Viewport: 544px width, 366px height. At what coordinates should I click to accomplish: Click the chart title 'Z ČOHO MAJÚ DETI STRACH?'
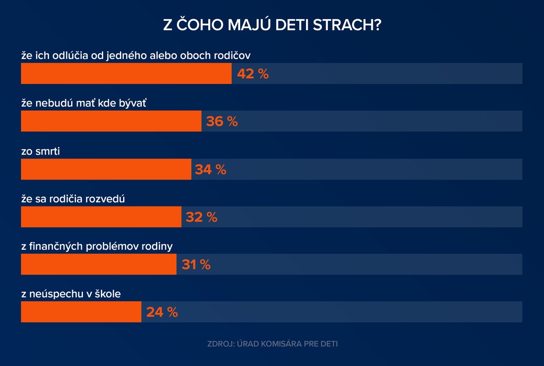click(x=272, y=25)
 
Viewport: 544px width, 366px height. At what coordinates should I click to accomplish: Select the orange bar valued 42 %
click(x=126, y=73)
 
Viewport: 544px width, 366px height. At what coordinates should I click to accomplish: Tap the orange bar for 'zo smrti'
click(x=106, y=169)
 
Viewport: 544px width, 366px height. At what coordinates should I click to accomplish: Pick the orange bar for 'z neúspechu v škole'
click(x=81, y=312)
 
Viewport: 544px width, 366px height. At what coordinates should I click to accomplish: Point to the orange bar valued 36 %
click(x=112, y=121)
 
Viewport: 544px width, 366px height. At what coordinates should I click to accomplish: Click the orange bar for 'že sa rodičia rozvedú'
click(x=101, y=217)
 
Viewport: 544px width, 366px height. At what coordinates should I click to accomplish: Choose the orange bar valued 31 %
click(x=99, y=264)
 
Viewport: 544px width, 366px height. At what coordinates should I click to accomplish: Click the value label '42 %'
click(x=253, y=74)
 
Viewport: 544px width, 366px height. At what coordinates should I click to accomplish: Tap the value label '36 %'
click(x=222, y=122)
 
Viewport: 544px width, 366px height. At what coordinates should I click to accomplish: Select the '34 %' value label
click(x=211, y=169)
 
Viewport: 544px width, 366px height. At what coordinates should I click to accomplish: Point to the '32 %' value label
click(x=201, y=217)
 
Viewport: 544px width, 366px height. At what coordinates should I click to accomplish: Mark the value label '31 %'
click(x=196, y=265)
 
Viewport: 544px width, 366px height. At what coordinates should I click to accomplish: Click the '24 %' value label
click(x=162, y=312)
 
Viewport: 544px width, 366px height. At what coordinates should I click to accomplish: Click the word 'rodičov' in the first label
click(x=240, y=55)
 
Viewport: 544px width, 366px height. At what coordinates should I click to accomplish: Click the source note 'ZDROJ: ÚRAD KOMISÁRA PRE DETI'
click(x=272, y=344)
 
